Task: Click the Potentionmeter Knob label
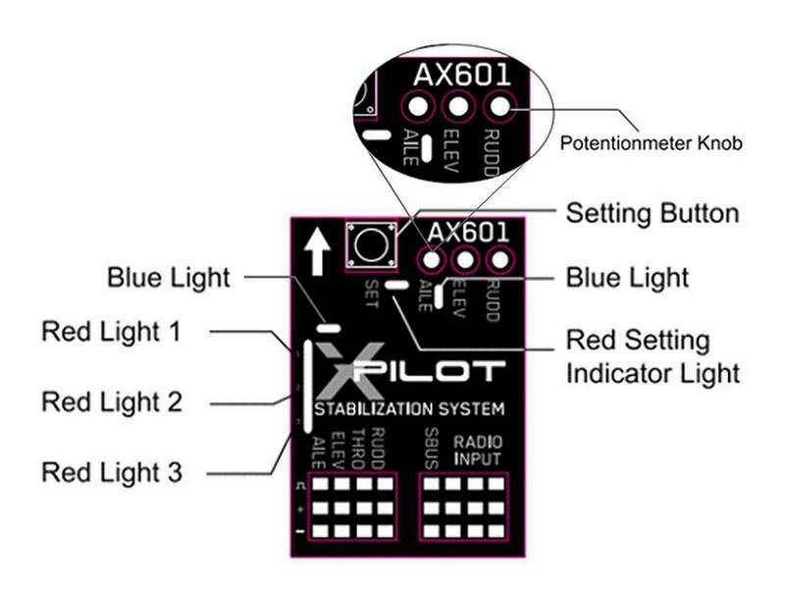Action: point(650,143)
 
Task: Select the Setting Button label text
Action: point(652,213)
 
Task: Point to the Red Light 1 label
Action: point(111,331)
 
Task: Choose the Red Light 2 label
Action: point(111,402)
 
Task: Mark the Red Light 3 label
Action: point(111,472)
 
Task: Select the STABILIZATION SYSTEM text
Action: point(408,408)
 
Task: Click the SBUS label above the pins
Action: point(432,447)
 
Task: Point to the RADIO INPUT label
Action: point(477,451)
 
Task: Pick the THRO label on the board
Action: point(360,447)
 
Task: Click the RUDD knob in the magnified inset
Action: point(499,106)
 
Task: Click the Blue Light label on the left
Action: point(169,278)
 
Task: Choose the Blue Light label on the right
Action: point(628,277)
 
